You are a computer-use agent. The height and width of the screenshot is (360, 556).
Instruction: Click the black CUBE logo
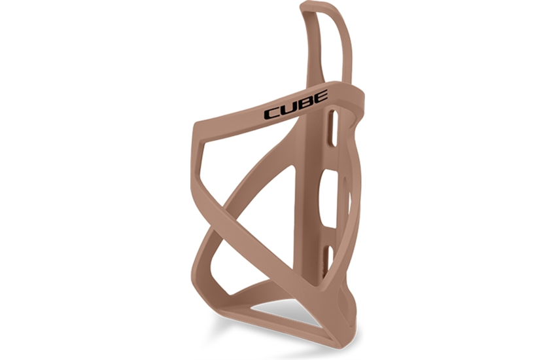pos(296,105)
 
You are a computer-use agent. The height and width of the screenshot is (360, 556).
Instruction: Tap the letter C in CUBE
pos(272,113)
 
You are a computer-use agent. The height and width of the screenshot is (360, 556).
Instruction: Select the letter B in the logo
pos(305,103)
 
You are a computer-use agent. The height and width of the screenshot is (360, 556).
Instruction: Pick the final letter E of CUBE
pos(321,96)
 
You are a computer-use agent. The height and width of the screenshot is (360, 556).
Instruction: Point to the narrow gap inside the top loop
pos(321,46)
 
